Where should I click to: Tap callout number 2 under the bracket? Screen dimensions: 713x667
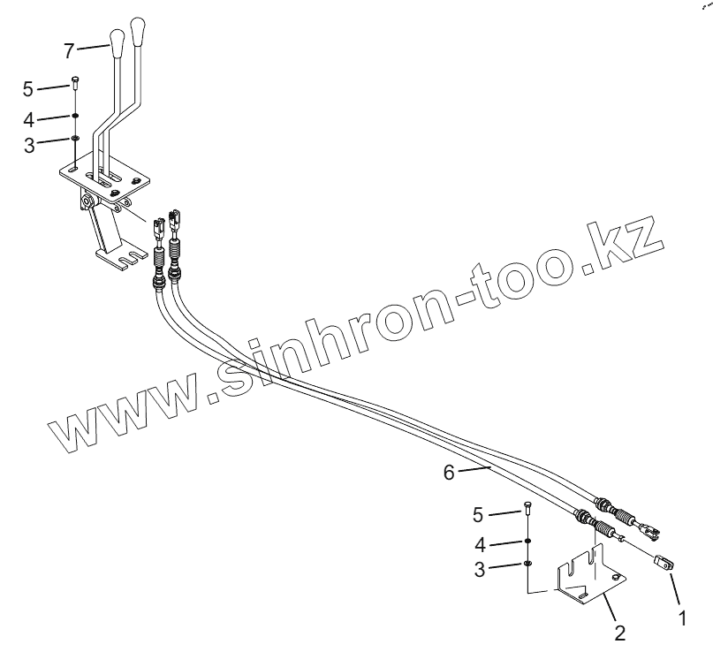[620, 633]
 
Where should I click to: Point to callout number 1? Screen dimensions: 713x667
[681, 619]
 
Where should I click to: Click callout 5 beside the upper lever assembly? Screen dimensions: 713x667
[28, 89]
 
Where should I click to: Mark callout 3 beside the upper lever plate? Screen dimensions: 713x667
[28, 146]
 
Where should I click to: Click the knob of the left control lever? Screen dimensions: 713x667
[117, 38]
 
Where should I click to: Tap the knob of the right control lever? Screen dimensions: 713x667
[138, 29]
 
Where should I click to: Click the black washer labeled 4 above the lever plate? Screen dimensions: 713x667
[76, 116]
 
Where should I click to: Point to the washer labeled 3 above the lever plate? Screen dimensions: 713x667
[76, 138]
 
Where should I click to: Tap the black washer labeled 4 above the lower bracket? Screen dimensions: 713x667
[527, 540]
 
